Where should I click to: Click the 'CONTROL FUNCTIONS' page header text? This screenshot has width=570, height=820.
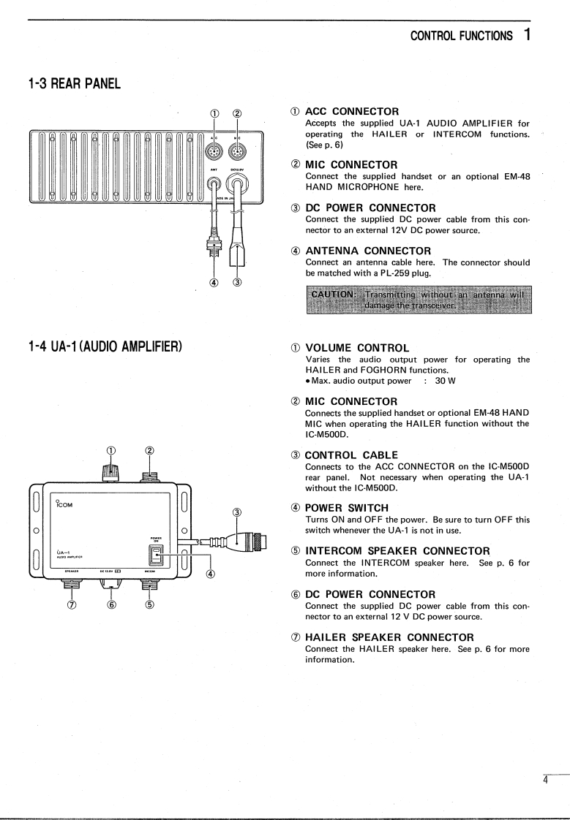coord(461,35)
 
